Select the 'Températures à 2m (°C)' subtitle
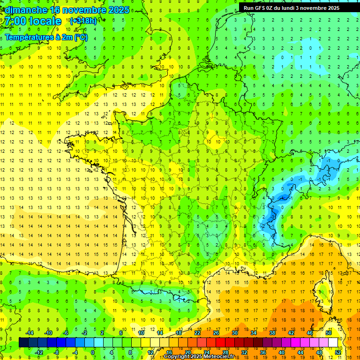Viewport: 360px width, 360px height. tap(46, 37)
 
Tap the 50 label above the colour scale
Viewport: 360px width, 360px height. tap(328, 333)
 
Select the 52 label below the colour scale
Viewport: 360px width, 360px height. tap(338, 352)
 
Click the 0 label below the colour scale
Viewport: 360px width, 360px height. tap(92, 352)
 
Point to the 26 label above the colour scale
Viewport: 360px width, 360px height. tap(216, 333)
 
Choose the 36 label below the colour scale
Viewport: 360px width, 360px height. tap(263, 352)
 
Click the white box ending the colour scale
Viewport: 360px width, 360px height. tap(333, 343)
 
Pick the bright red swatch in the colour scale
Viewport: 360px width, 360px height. tap(221, 343)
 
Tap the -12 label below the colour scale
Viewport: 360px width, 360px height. tap(39, 352)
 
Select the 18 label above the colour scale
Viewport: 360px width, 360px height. tap(179, 333)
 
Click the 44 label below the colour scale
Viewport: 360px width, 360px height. tap(300, 352)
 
